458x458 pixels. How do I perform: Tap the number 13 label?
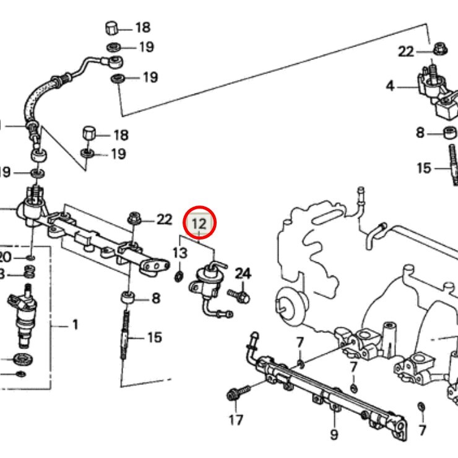(179, 253)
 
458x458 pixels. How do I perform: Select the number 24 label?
(243, 273)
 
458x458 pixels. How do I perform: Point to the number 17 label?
(236, 421)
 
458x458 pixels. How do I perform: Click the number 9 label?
(334, 434)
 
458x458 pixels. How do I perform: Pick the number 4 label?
(390, 85)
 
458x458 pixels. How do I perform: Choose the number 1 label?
(75, 324)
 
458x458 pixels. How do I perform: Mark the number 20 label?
(5, 257)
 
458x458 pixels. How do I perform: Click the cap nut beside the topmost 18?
(112, 28)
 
